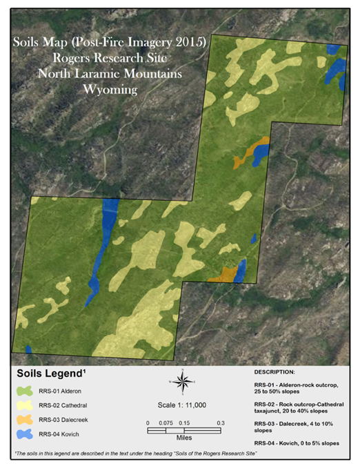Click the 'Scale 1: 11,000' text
(183, 405)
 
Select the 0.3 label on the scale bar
(221, 423)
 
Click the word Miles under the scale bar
(183, 437)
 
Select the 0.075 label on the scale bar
(166, 423)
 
